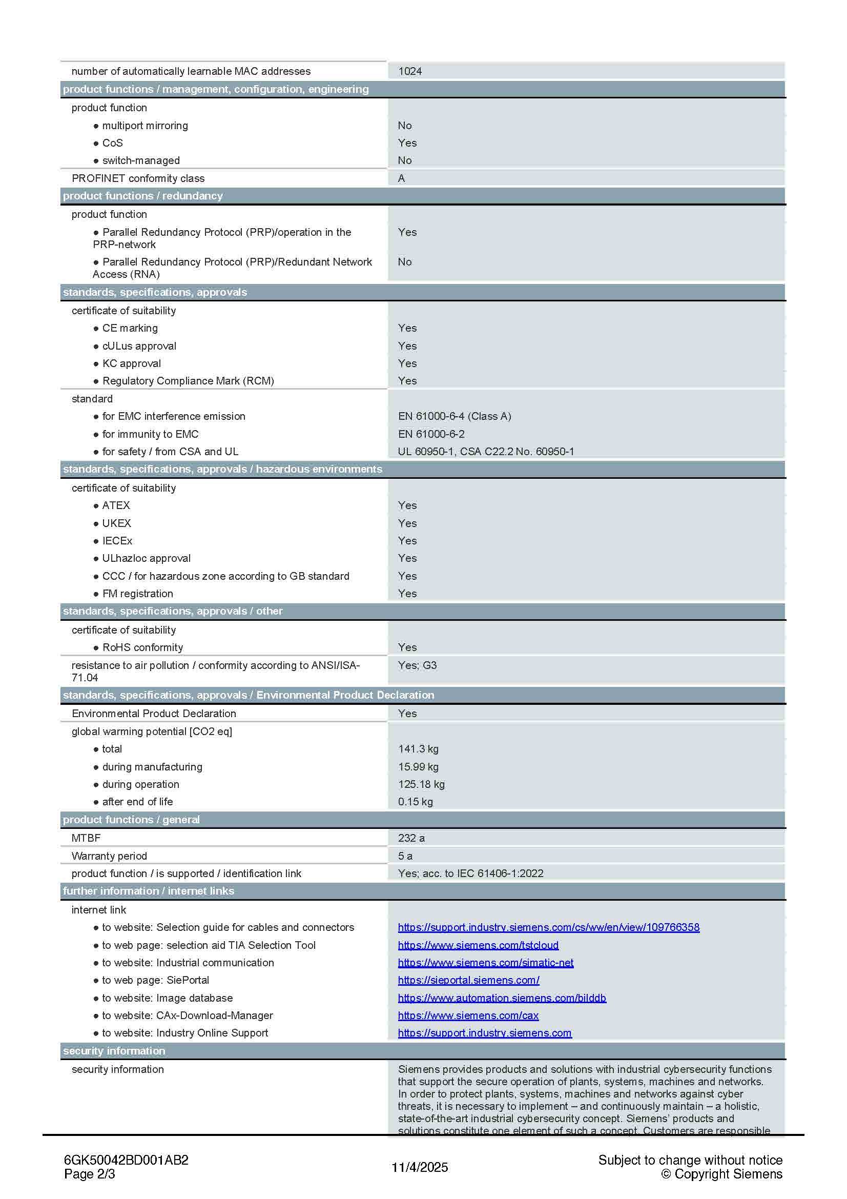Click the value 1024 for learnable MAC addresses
point(410,71)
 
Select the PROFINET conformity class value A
point(401,178)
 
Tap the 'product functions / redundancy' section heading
point(142,196)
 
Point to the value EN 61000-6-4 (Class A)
point(454,416)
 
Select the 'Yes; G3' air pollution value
point(417,665)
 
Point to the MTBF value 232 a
point(411,838)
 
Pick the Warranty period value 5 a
point(405,856)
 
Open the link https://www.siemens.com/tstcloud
point(478,945)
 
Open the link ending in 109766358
point(548,927)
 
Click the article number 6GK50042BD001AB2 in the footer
point(126,1160)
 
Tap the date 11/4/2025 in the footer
point(420,1167)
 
